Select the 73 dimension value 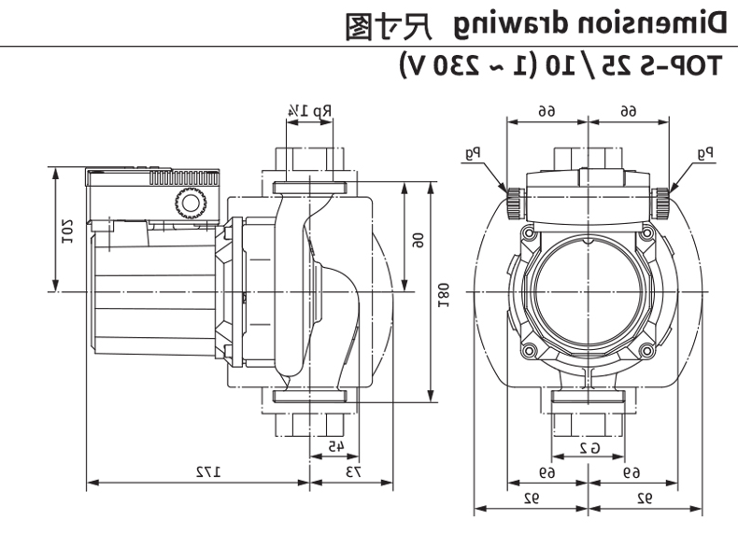354,471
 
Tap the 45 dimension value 334,446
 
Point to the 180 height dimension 444,290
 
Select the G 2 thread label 588,446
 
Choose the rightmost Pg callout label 705,150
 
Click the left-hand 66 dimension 547,110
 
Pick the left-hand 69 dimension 547,472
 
